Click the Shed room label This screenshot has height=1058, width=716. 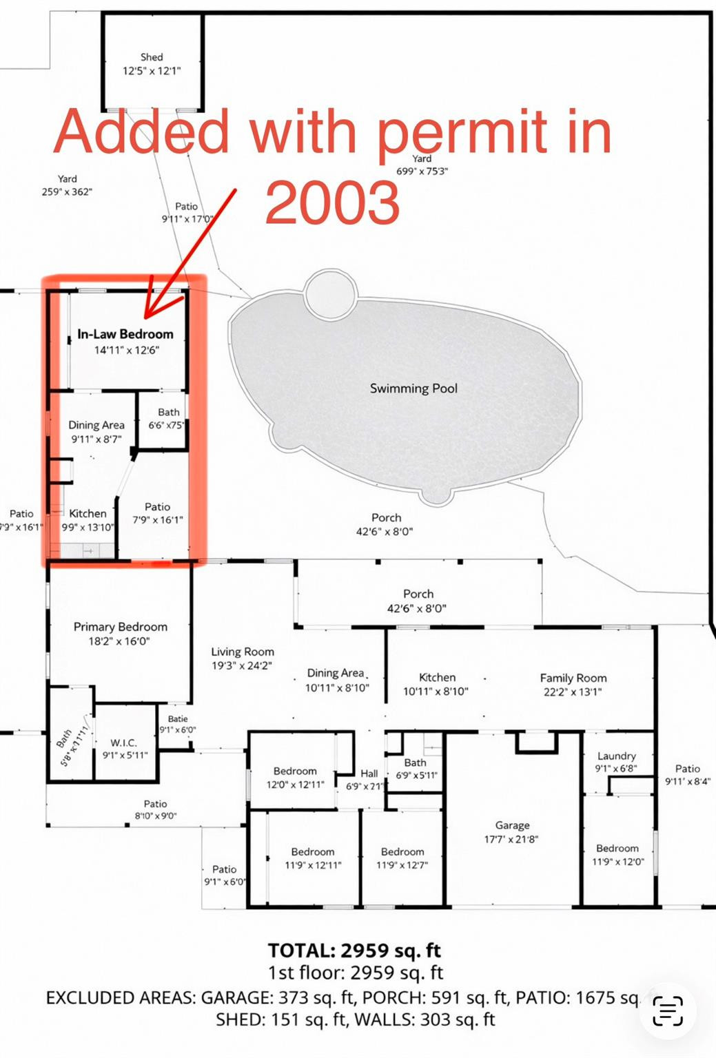pos(152,57)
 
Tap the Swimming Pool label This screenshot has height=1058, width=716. pos(413,388)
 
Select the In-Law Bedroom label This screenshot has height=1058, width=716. pos(125,334)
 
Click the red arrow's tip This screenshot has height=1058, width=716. pos(147,315)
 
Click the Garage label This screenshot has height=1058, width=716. pos(512,825)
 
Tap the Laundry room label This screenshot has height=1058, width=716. pos(616,756)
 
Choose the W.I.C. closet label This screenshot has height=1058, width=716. pos(124,743)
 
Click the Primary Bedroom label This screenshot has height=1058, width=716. pos(121,627)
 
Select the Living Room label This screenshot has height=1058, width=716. pos(243,652)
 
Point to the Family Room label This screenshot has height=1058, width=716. pos(573,678)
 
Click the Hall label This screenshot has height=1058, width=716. pos(369,774)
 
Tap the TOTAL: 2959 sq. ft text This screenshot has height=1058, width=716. pos(354,951)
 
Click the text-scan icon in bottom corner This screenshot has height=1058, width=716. pos(667,1011)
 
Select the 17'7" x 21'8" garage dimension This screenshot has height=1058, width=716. pos(511,839)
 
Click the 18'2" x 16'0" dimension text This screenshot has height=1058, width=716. pos(119,641)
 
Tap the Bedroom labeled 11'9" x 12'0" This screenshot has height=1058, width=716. pos(617,849)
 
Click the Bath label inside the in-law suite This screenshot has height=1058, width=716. pos(168,412)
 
